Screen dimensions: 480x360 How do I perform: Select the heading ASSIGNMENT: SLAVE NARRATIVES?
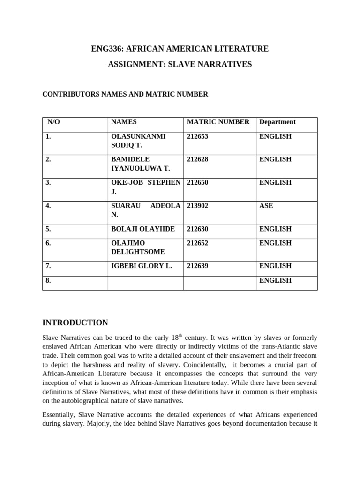[180, 65]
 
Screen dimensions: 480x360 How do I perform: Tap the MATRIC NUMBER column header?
[218, 122]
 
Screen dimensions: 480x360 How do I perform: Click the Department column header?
[277, 122]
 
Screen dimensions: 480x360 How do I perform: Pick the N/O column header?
[54, 122]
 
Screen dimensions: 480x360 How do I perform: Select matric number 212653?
[197, 136]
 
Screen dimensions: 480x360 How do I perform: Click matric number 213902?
[197, 205]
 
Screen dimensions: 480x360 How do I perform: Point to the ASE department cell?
[266, 205]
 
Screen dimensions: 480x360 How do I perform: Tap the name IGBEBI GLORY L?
[141, 266]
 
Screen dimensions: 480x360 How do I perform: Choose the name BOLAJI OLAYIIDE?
[142, 229]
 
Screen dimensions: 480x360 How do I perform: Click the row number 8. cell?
[49, 280]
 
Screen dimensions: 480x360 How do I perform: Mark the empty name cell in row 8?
[145, 283]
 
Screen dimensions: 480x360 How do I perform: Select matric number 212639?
[197, 266]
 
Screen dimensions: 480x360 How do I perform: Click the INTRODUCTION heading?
[75, 322]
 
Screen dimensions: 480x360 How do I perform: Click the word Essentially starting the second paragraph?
[59, 415]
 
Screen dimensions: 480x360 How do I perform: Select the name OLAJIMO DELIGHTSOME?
[138, 247]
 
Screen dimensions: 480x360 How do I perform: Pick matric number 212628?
[197, 159]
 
